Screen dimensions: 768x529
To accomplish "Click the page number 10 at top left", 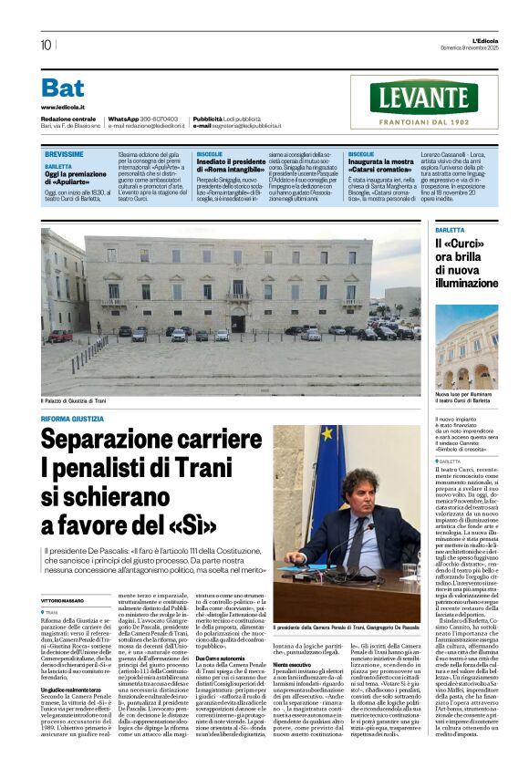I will (46, 45).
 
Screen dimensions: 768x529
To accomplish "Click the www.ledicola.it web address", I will (62, 107).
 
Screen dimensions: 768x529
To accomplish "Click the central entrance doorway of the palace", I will (238, 323).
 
